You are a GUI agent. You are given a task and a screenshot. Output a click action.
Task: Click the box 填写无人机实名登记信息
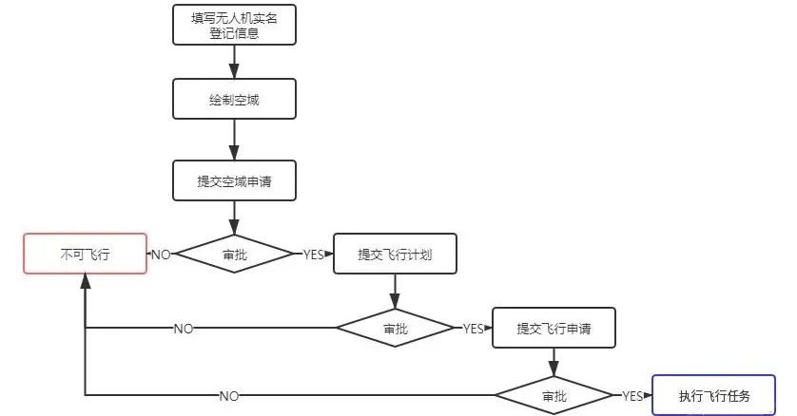[234, 25]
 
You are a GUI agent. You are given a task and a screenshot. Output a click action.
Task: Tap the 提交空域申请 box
[234, 180]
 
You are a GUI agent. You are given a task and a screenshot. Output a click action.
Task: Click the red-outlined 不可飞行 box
[86, 254]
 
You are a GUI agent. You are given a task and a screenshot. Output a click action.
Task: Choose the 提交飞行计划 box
[395, 254]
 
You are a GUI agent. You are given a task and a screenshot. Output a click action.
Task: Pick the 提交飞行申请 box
[554, 329]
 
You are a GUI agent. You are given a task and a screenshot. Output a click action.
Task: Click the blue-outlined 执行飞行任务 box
[714, 395]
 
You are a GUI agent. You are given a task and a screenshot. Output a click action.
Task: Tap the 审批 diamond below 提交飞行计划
[395, 329]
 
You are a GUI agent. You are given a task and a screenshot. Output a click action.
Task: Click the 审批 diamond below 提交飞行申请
[554, 395]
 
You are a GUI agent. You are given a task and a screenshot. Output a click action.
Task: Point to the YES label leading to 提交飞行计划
[313, 255]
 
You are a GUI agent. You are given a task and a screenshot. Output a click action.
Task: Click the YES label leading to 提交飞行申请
[473, 329]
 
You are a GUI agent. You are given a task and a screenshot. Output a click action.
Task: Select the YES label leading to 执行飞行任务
[632, 395]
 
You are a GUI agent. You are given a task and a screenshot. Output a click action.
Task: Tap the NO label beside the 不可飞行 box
[161, 255]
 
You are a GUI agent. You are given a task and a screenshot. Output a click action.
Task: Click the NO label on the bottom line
[229, 395]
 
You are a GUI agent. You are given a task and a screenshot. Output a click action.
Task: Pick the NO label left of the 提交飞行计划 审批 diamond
[184, 329]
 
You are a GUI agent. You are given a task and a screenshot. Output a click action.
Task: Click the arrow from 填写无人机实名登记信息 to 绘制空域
[234, 61]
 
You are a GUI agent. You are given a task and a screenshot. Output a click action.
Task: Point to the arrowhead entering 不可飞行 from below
[86, 281]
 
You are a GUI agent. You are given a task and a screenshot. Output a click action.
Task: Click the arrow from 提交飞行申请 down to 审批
[554, 362]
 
